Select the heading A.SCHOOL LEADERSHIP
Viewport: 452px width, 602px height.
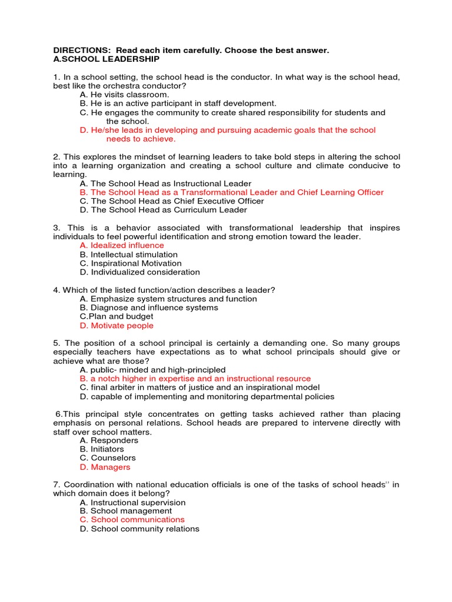tap(106, 59)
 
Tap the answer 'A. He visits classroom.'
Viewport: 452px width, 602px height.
tap(124, 95)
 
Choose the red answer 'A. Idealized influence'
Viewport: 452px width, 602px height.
tap(122, 245)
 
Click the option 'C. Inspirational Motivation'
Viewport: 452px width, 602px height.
tap(131, 263)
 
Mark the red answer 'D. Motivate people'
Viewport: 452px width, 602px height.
tap(117, 326)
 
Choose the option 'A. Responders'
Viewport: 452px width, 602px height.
tap(109, 440)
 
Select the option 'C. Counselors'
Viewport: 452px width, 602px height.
tap(108, 458)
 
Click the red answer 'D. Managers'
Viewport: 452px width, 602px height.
tap(105, 467)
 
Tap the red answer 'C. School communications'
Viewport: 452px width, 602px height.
tap(132, 520)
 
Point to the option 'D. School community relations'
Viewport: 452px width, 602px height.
tap(139, 529)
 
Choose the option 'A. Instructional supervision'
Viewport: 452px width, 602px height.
tap(132, 503)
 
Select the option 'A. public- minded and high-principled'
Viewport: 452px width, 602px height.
tap(152, 370)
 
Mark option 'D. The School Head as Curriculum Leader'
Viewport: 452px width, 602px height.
tap(163, 210)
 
